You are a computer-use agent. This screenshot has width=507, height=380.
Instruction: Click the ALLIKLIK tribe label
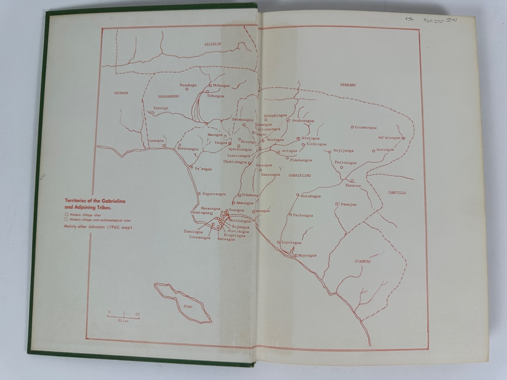pos(214,43)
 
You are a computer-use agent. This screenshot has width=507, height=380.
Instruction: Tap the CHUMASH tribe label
pos(121,93)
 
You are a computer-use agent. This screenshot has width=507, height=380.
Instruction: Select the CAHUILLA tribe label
pos(397,193)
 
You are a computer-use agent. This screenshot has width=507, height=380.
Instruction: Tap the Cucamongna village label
pos(369,127)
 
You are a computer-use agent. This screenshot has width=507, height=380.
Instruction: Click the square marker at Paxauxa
pos(351,180)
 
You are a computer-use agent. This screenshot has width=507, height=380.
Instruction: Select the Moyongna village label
pos(307,255)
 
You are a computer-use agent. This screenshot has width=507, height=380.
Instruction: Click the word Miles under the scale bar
pos(124,320)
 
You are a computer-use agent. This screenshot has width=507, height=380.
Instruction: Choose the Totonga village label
pos(161,107)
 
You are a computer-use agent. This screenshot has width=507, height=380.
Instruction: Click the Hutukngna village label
pos(310,195)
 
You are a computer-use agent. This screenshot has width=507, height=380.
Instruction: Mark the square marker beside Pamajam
pos(337,204)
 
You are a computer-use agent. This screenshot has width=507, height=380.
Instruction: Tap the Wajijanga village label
pos(344,150)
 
